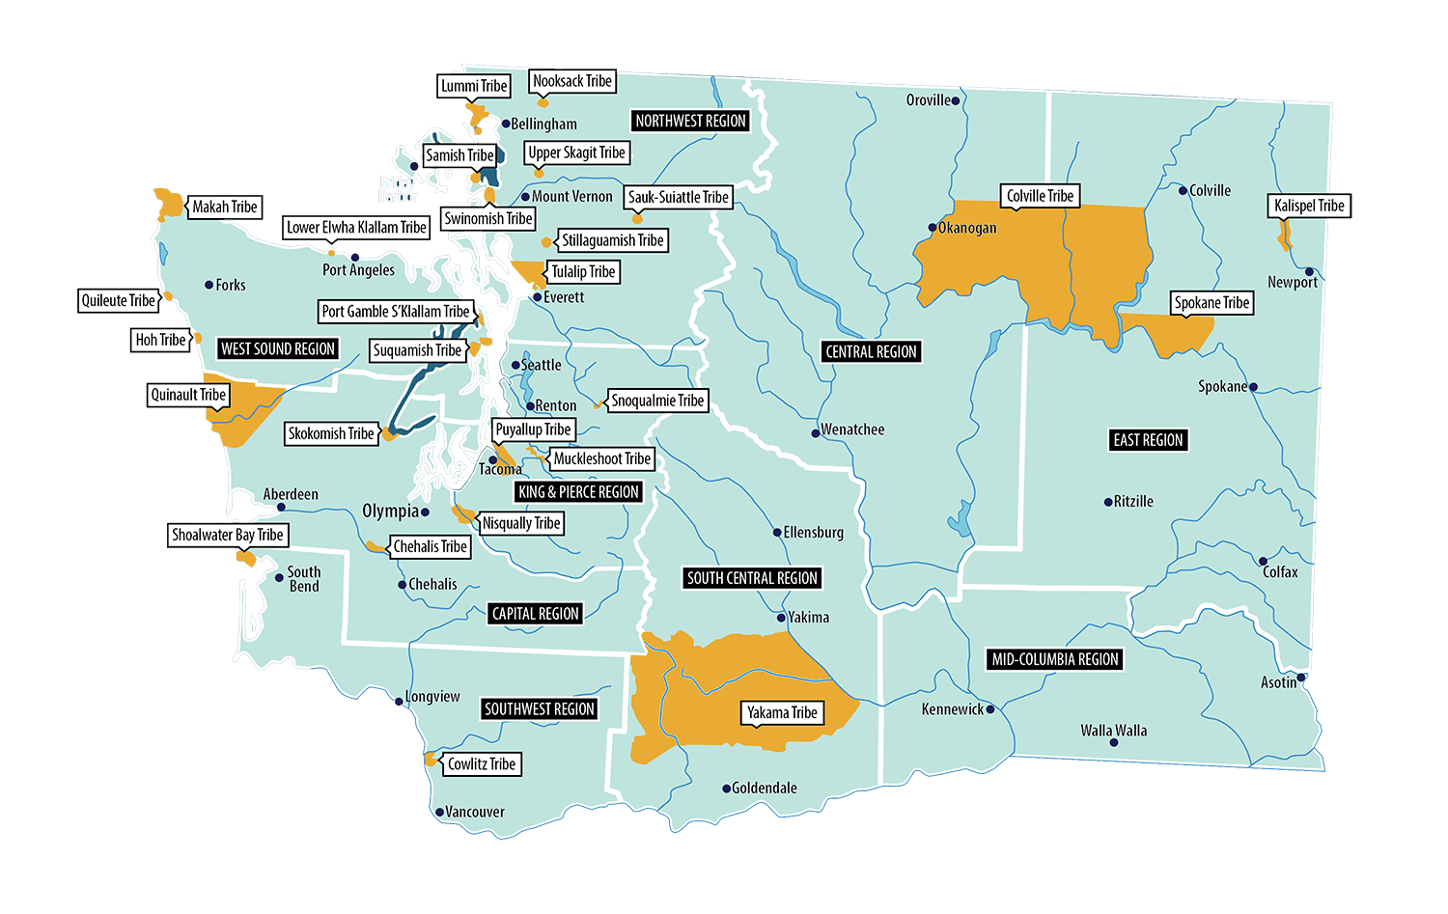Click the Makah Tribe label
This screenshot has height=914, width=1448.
224,207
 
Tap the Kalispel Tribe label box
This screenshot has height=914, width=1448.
1308,206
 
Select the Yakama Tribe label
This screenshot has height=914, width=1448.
782,712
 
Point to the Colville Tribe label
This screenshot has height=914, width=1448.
1040,196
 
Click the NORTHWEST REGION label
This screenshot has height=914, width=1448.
690,121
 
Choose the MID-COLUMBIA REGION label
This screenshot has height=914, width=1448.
1055,659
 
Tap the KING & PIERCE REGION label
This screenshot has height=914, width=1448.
578,491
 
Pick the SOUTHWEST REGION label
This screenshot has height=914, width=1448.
539,708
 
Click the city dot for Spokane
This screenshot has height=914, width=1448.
1253,387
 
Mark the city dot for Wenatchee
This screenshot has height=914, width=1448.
816,433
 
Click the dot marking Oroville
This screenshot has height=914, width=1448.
956,100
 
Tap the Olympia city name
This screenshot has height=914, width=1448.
390,511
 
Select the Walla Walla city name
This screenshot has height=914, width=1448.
1113,730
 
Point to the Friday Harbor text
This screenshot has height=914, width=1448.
397,189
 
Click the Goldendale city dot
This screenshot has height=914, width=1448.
726,789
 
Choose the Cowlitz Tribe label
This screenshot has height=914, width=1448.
481,763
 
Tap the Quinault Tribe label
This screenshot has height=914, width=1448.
188,395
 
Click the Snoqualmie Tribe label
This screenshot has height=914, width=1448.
657,401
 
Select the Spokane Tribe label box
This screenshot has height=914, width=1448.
1211,302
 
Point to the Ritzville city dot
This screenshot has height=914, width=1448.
1107,502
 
